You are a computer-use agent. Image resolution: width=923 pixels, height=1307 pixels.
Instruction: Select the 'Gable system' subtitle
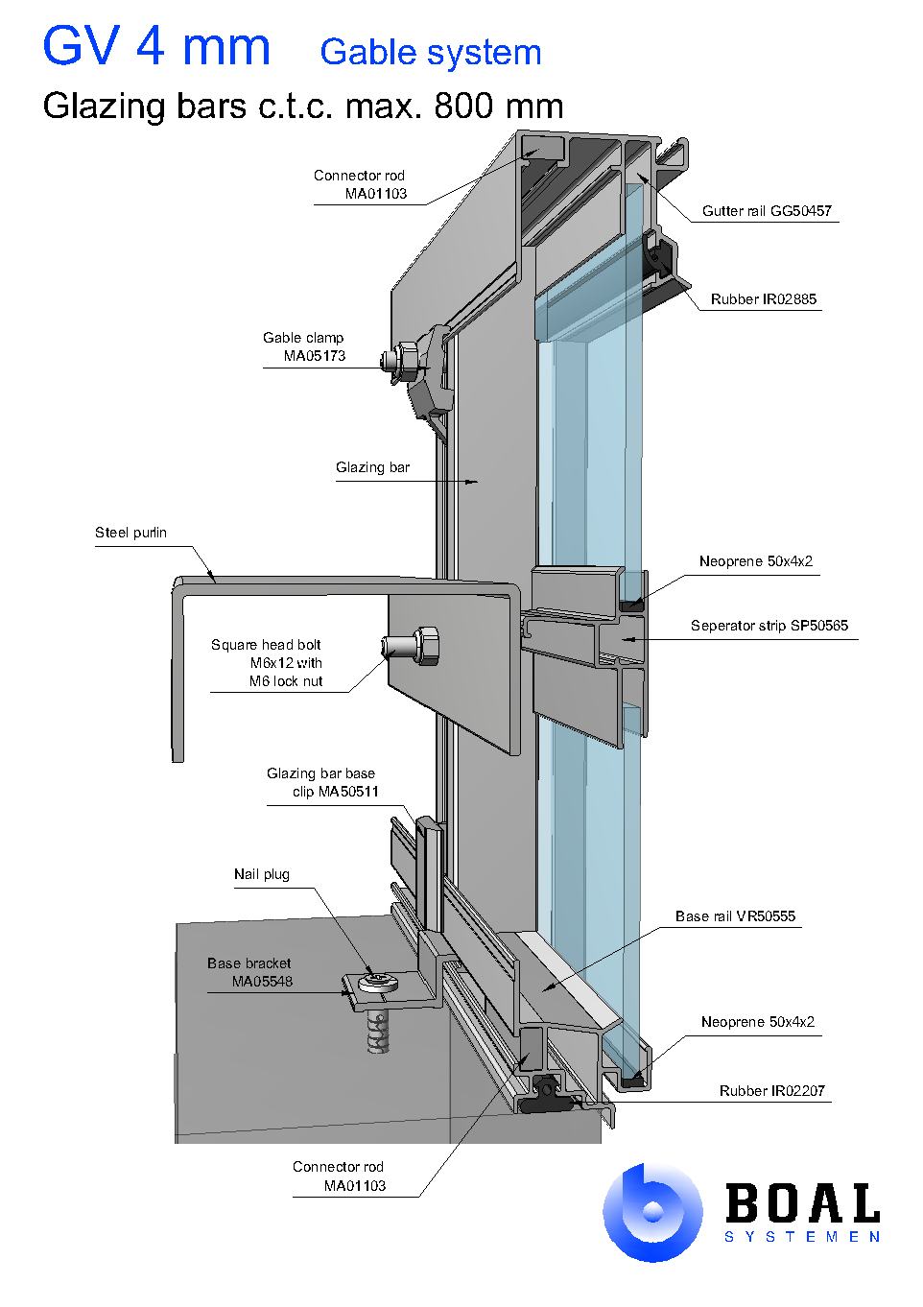point(430,53)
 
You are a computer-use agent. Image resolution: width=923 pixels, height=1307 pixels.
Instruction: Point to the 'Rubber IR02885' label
point(763,299)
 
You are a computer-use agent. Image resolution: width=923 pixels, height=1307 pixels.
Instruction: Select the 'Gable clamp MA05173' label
point(304,346)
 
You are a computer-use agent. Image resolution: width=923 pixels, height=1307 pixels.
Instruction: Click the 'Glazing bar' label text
point(372,467)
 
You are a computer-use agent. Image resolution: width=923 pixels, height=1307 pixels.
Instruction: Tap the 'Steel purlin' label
point(130,533)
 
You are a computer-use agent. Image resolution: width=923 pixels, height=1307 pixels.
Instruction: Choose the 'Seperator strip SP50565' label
point(769,626)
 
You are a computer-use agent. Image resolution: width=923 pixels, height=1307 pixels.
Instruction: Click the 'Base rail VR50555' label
point(735,916)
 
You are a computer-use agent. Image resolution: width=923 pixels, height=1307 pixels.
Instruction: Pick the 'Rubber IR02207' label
point(771,1091)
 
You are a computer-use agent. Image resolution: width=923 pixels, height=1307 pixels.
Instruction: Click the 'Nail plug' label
point(261,874)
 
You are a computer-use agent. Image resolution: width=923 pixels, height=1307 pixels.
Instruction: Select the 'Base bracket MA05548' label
point(249,972)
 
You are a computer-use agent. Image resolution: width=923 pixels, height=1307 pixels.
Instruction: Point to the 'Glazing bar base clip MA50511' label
point(321,782)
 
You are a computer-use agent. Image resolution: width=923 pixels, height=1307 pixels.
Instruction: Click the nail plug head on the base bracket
point(378,981)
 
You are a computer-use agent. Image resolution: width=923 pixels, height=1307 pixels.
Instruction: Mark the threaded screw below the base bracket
point(379,1032)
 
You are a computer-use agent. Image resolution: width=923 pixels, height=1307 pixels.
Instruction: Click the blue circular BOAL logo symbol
point(652,1212)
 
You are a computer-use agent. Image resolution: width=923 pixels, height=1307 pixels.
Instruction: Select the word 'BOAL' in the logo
point(802,1203)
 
